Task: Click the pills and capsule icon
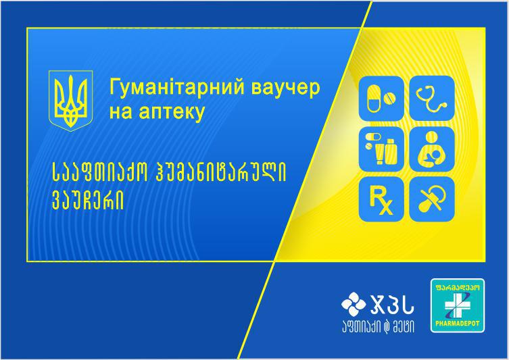381,98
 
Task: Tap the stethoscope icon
432,98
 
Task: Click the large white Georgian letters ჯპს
393,305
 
